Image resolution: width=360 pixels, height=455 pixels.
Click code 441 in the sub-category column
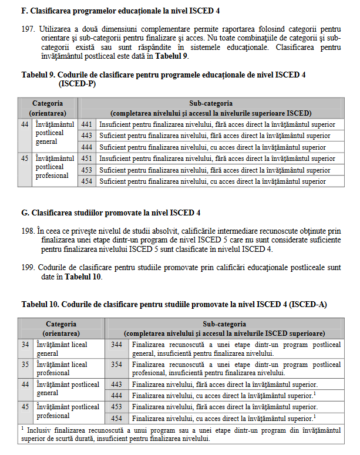coord(87,124)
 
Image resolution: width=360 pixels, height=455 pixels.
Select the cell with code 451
coord(87,159)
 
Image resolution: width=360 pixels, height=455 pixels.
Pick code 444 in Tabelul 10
coord(116,395)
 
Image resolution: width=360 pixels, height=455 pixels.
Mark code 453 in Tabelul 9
coord(87,170)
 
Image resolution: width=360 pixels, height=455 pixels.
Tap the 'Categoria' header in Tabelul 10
coord(61,323)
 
